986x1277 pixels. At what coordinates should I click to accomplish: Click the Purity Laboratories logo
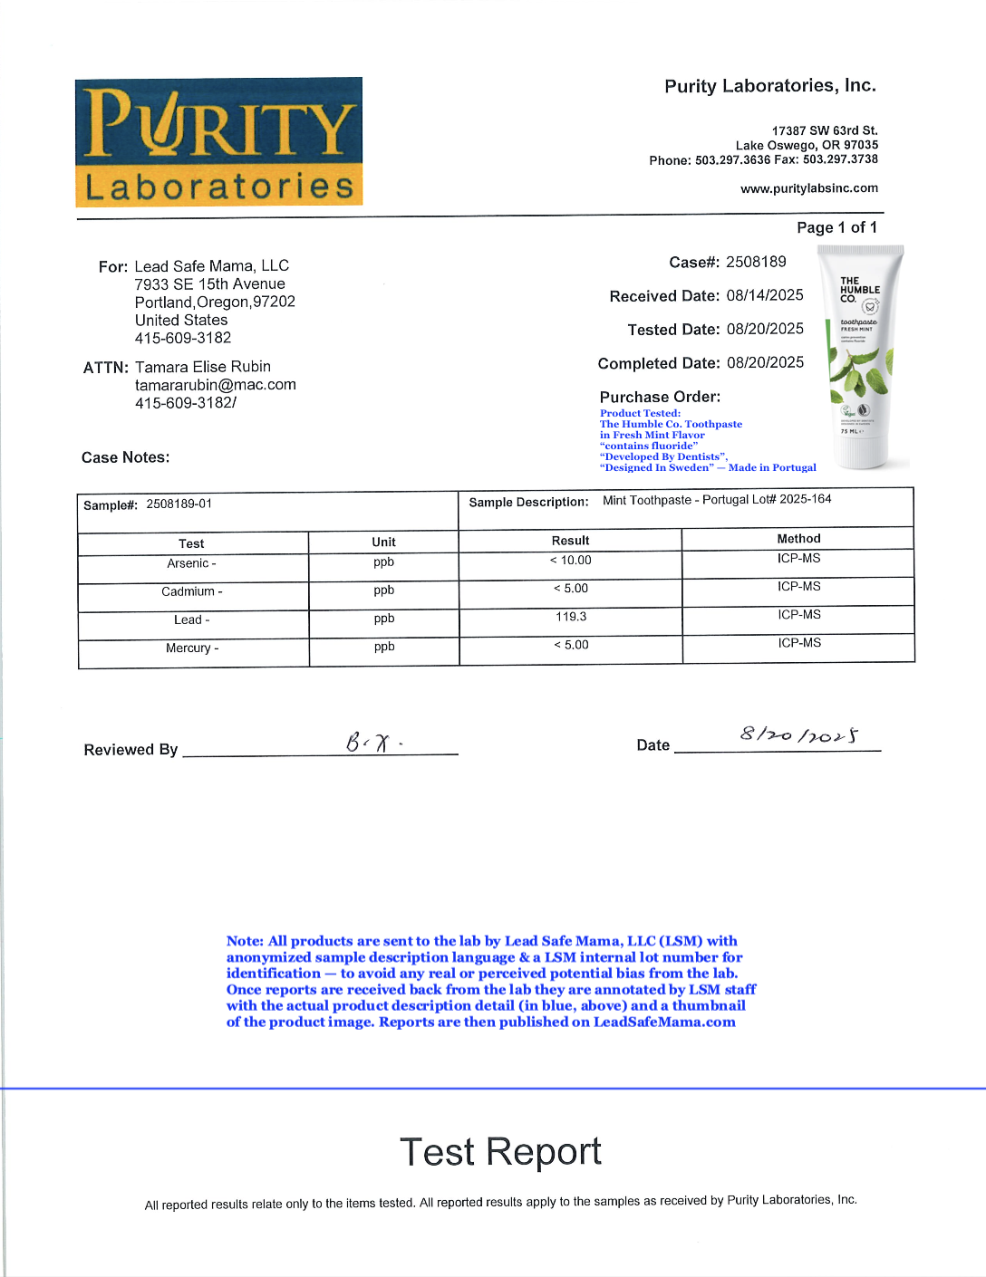218,142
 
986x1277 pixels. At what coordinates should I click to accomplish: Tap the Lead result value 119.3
571,617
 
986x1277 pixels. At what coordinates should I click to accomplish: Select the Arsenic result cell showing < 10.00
571,561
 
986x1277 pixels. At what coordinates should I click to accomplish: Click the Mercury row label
191,648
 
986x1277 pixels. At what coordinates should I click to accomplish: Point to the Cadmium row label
191,592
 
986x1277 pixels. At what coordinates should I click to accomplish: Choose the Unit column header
383,542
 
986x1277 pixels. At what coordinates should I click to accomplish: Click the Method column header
798,539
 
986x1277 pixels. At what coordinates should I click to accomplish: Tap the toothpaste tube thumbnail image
860,357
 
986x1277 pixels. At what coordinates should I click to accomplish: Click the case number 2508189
756,262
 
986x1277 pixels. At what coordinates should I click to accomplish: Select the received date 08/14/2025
765,295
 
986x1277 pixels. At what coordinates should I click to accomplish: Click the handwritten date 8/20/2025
798,735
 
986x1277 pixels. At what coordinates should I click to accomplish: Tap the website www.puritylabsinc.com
809,188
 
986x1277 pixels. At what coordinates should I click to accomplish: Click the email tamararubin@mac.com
216,385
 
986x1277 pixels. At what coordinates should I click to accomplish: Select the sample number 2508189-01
179,504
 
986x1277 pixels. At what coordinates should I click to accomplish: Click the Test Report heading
500,1152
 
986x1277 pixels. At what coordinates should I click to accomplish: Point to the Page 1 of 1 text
836,227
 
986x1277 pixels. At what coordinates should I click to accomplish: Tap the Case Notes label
126,457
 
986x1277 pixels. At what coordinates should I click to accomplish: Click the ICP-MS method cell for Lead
798,615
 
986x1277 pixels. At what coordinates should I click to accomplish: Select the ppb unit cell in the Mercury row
384,647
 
